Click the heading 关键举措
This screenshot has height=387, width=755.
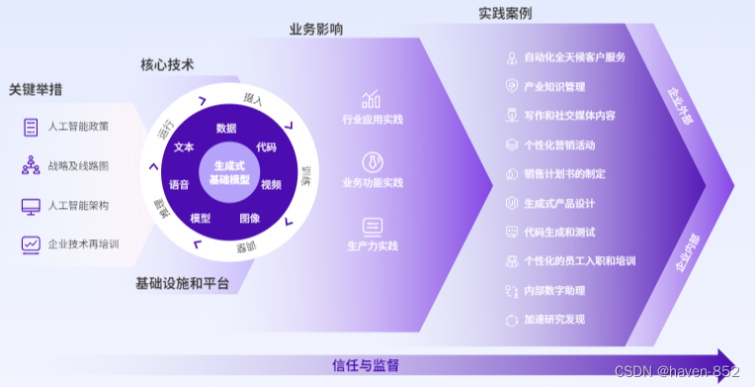(x=36, y=89)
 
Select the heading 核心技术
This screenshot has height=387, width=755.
(x=167, y=65)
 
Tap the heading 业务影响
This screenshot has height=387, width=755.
(x=316, y=31)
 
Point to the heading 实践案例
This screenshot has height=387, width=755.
(x=505, y=14)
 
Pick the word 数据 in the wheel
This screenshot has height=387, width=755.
(x=226, y=128)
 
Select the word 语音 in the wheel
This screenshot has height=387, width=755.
(x=179, y=184)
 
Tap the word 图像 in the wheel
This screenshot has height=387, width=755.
(x=250, y=217)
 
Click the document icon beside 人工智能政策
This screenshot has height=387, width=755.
(x=31, y=127)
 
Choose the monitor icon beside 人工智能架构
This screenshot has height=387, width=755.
(x=31, y=206)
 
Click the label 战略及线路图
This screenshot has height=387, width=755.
(x=78, y=166)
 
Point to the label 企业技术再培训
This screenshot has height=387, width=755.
(x=83, y=243)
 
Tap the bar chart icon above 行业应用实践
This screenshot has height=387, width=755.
(x=372, y=99)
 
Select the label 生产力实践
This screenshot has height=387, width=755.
(x=373, y=245)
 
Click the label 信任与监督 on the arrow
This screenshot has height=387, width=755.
(x=366, y=365)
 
